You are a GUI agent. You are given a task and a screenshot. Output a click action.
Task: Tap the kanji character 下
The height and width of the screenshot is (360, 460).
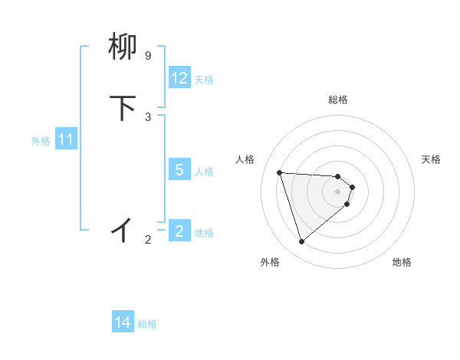click(123, 108)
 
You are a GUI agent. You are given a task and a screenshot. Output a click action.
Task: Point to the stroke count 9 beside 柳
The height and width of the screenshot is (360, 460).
click(148, 56)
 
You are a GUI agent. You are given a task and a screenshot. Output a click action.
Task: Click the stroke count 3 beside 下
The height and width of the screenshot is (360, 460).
click(148, 116)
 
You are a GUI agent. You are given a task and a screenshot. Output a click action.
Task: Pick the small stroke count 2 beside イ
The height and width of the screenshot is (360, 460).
click(148, 240)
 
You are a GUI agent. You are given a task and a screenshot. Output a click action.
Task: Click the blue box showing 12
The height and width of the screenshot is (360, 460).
click(179, 78)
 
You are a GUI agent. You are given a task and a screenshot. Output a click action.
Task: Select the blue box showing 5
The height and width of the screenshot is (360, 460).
click(179, 170)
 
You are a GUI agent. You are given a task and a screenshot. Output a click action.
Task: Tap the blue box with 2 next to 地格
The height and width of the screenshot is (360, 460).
click(179, 231)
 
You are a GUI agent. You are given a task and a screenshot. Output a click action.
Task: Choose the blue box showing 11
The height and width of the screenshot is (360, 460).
click(66, 140)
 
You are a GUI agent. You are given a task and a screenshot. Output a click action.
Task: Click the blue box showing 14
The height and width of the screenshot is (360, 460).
click(123, 323)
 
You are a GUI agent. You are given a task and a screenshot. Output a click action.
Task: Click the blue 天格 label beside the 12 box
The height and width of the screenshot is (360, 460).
click(204, 79)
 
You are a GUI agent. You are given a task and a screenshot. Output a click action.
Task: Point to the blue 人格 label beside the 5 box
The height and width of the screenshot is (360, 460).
click(204, 171)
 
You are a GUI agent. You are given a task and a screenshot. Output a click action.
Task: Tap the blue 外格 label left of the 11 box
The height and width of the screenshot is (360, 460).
click(41, 141)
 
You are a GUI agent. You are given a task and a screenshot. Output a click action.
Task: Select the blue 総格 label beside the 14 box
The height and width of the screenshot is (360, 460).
click(147, 324)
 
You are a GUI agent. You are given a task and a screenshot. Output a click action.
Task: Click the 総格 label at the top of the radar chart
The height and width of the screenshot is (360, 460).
click(338, 100)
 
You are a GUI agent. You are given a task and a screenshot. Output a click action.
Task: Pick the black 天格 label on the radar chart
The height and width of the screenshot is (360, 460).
click(431, 159)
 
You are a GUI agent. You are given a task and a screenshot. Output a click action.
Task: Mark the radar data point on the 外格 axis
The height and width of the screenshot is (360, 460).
click(302, 242)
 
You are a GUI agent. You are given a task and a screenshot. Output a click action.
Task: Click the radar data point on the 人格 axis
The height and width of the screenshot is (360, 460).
click(280, 172)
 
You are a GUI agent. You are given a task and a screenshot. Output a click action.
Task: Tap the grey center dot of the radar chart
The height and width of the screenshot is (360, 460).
click(338, 191)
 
